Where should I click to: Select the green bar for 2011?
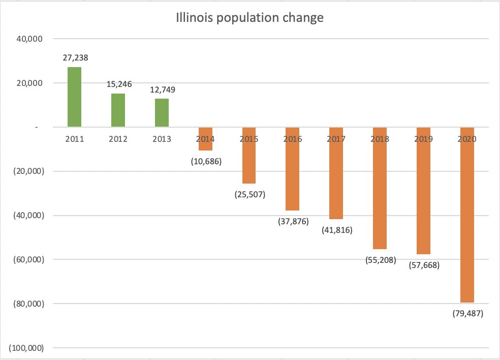coord(74,97)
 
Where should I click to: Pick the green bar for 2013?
coord(162,112)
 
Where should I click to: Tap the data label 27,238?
coord(75,58)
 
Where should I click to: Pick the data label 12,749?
coord(162,89)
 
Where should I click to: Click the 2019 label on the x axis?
coord(423,139)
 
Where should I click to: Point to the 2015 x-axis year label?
coord(249,139)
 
